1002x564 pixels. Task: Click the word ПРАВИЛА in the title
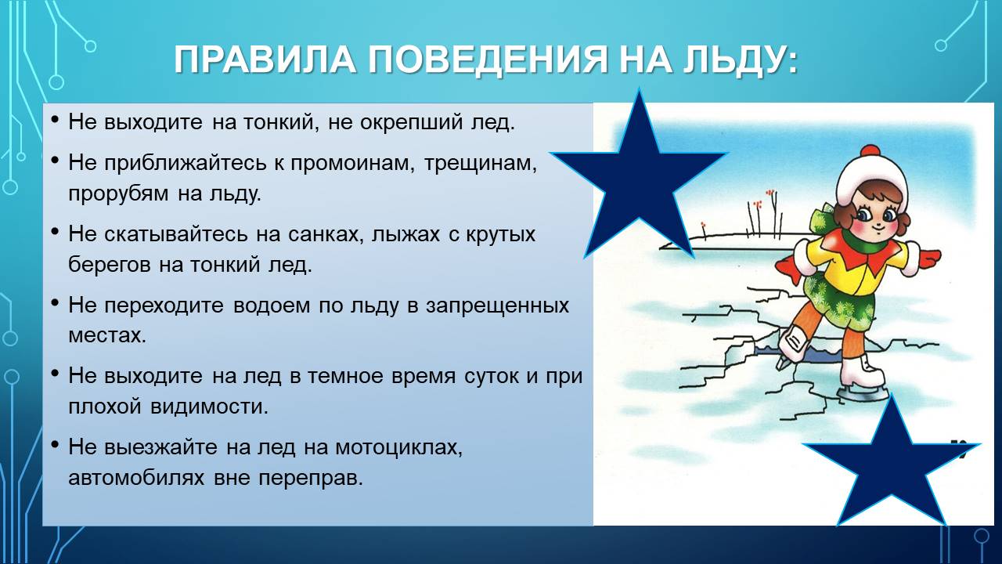[x=265, y=59]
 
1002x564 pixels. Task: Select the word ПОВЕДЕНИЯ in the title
[x=488, y=60]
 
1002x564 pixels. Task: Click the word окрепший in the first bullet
[x=411, y=123]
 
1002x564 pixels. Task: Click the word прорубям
[x=118, y=193]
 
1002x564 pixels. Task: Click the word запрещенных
[x=497, y=305]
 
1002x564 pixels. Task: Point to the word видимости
[x=209, y=407]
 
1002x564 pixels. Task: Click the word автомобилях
[x=136, y=478]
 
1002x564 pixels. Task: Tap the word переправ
[x=311, y=479]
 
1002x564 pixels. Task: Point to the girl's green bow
[x=822, y=224]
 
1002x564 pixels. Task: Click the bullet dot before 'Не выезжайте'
[x=55, y=445]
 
